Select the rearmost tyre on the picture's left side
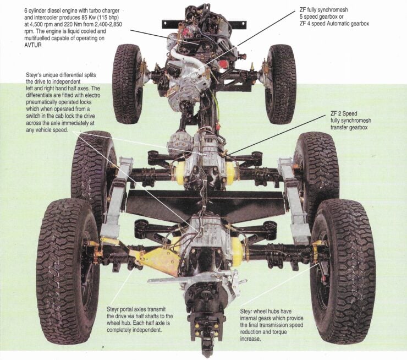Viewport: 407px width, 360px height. (66, 270)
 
